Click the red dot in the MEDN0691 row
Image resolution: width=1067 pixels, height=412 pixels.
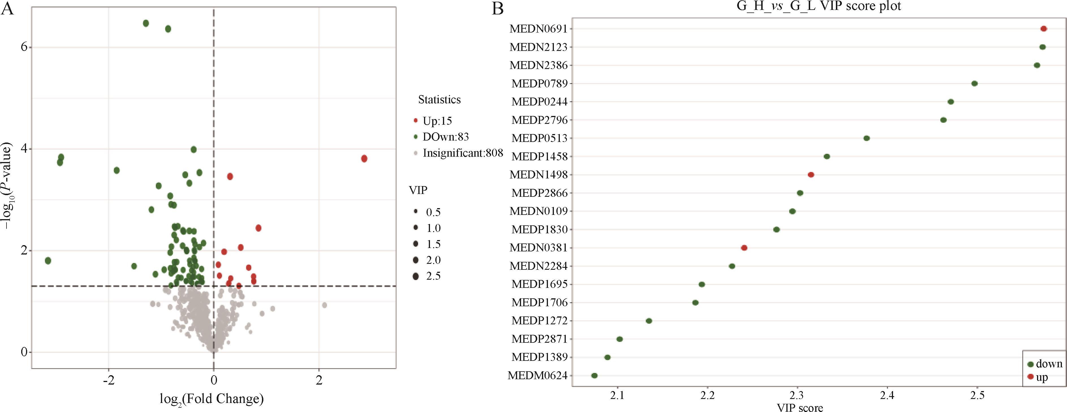pyautogui.click(x=1044, y=29)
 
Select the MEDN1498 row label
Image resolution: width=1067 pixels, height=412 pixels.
pyautogui.click(x=538, y=175)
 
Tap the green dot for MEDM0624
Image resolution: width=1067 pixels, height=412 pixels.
pyautogui.click(x=594, y=376)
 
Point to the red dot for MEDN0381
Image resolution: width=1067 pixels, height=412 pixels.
pyautogui.click(x=744, y=248)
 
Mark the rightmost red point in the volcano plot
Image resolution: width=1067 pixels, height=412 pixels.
pyautogui.click(x=364, y=159)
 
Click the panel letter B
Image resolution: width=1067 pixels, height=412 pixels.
pyautogui.click(x=498, y=8)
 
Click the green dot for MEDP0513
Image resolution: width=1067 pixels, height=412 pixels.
pyautogui.click(x=866, y=138)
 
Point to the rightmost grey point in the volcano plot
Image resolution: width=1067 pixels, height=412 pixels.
pyautogui.click(x=324, y=305)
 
